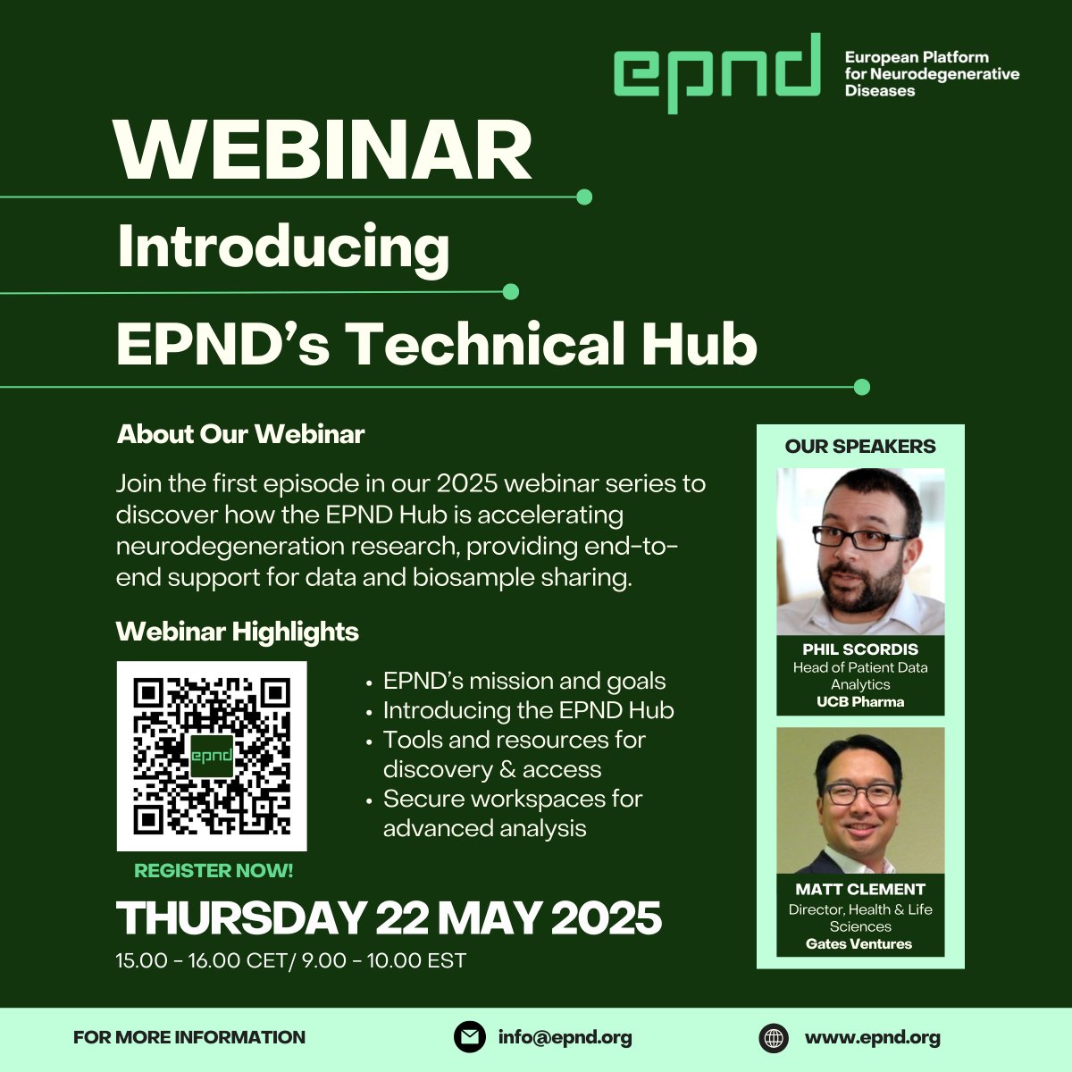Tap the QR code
(212, 756)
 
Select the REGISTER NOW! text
(214, 870)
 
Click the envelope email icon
(469, 1037)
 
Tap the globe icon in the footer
(774, 1038)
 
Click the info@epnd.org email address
(565, 1037)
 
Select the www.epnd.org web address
(872, 1037)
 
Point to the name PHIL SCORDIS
(860, 649)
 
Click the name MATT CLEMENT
(860, 889)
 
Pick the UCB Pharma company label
(860, 702)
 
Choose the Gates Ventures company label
(859, 943)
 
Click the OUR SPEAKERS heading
(860, 447)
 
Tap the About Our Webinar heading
(241, 434)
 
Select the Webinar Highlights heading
(238, 632)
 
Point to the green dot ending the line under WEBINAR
(584, 197)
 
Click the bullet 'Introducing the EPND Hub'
(528, 710)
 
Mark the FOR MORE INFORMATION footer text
(189, 1037)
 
